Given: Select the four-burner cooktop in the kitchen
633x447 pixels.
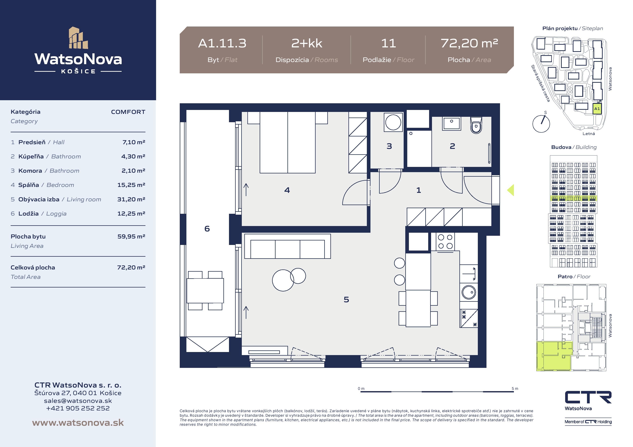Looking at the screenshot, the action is click(x=445, y=242).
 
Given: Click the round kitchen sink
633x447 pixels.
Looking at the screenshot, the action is click(x=469, y=292).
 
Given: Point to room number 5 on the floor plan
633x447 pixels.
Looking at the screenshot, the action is click(x=346, y=299).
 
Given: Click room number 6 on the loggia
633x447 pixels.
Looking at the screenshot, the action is click(x=207, y=229).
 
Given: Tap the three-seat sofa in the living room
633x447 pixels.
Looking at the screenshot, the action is click(x=288, y=246).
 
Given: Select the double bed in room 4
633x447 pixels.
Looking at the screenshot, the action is click(x=288, y=142).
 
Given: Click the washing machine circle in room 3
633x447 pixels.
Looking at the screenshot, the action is click(x=393, y=122).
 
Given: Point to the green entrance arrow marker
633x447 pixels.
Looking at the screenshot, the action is click(x=511, y=190).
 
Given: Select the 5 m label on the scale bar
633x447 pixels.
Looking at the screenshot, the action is click(x=515, y=389).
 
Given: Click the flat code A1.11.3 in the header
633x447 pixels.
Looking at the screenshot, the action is click(x=222, y=43).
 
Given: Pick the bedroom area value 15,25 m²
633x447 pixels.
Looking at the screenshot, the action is click(x=131, y=185).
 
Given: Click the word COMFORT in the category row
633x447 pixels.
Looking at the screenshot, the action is click(x=128, y=112).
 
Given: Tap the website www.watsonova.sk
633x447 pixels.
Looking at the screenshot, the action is click(x=78, y=423).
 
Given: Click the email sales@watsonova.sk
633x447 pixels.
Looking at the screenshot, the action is click(x=78, y=401).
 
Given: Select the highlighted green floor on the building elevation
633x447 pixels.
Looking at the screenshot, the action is click(x=573, y=199).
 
